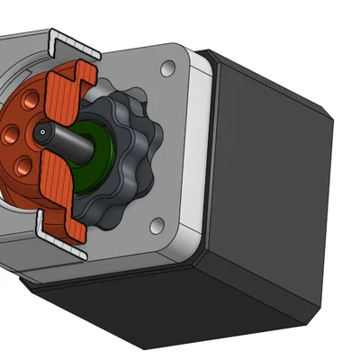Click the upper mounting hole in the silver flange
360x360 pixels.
(x=168, y=67)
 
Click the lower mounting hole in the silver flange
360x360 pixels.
(x=157, y=223)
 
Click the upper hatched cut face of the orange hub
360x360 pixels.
(x=67, y=90)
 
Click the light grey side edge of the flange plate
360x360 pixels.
(x=202, y=162)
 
